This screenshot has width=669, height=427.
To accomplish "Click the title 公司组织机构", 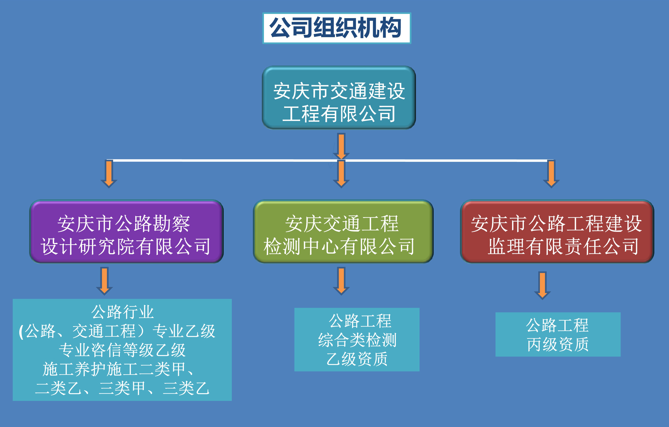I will click(x=336, y=28).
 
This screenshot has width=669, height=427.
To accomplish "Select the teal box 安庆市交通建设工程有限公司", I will click(x=339, y=97).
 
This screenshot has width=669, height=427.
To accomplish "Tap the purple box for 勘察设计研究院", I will click(x=126, y=231).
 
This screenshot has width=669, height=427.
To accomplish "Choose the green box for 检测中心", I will click(x=343, y=231).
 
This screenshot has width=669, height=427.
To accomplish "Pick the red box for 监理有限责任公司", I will click(x=557, y=231).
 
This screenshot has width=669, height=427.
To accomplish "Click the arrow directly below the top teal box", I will click(x=341, y=146).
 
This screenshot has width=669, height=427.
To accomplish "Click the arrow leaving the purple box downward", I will click(x=105, y=280).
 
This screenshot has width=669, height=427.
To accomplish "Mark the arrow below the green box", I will click(x=341, y=280).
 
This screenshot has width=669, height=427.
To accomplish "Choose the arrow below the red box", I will click(x=542, y=285).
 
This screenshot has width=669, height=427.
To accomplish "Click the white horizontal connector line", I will click(x=222, y=160).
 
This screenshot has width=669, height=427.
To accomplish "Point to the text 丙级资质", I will click(x=558, y=344).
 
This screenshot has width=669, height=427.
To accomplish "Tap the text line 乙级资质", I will click(x=357, y=359).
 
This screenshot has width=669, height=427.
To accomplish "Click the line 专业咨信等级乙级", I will click(x=122, y=350).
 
